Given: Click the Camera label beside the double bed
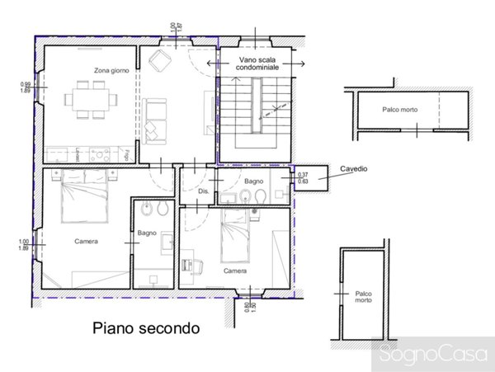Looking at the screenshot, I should (85, 242).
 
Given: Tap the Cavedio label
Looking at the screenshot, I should (353, 169).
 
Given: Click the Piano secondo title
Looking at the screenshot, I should (145, 327).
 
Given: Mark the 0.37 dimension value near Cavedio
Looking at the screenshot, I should (303, 174).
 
